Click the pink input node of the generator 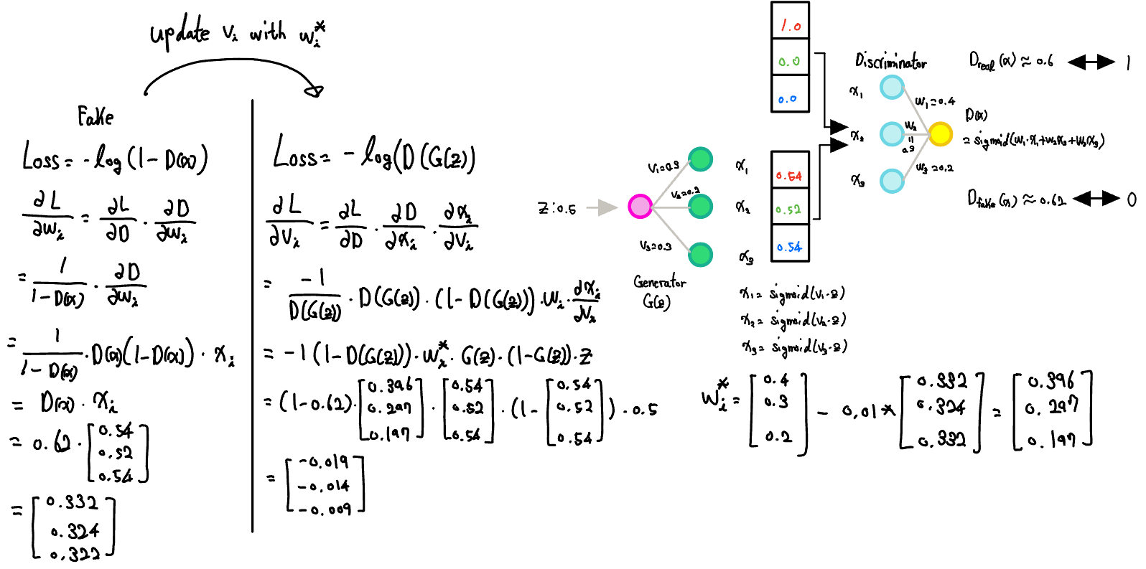640,206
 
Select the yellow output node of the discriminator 940,134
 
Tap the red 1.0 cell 791,26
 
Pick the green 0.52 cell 788,210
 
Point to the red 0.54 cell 788,176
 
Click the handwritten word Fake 95,116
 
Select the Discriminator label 890,62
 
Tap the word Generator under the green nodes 659,282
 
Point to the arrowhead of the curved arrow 315,90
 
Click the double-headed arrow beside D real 1091,62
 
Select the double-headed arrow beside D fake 1096,198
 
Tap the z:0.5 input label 557,209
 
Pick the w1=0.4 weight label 935,102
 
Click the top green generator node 700,159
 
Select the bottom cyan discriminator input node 892,181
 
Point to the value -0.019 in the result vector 324,462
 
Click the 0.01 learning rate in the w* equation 860,411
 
